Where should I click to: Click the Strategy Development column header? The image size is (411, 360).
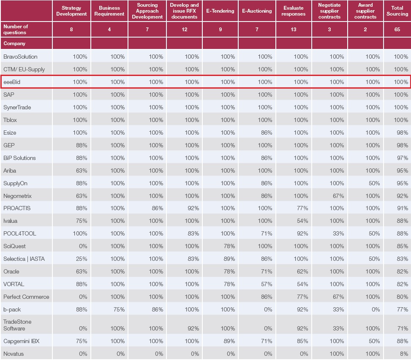pos(71,11)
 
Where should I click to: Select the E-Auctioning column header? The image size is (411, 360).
pos(256,11)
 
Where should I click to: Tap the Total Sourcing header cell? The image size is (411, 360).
pos(397,11)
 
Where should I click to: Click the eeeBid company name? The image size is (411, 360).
pos(12,82)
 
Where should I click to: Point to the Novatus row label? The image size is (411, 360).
pos(14,354)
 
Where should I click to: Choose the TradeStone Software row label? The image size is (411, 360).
pos(17,325)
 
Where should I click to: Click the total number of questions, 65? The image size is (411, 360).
pos(397,30)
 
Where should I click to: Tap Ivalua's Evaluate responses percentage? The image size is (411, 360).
pos(301,221)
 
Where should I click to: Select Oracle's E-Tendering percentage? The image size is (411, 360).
pos(229,271)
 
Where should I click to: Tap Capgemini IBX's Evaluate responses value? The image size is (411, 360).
pos(301,341)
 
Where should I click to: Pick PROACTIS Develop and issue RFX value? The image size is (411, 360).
pos(192,208)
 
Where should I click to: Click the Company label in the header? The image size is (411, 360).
pos(14,43)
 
